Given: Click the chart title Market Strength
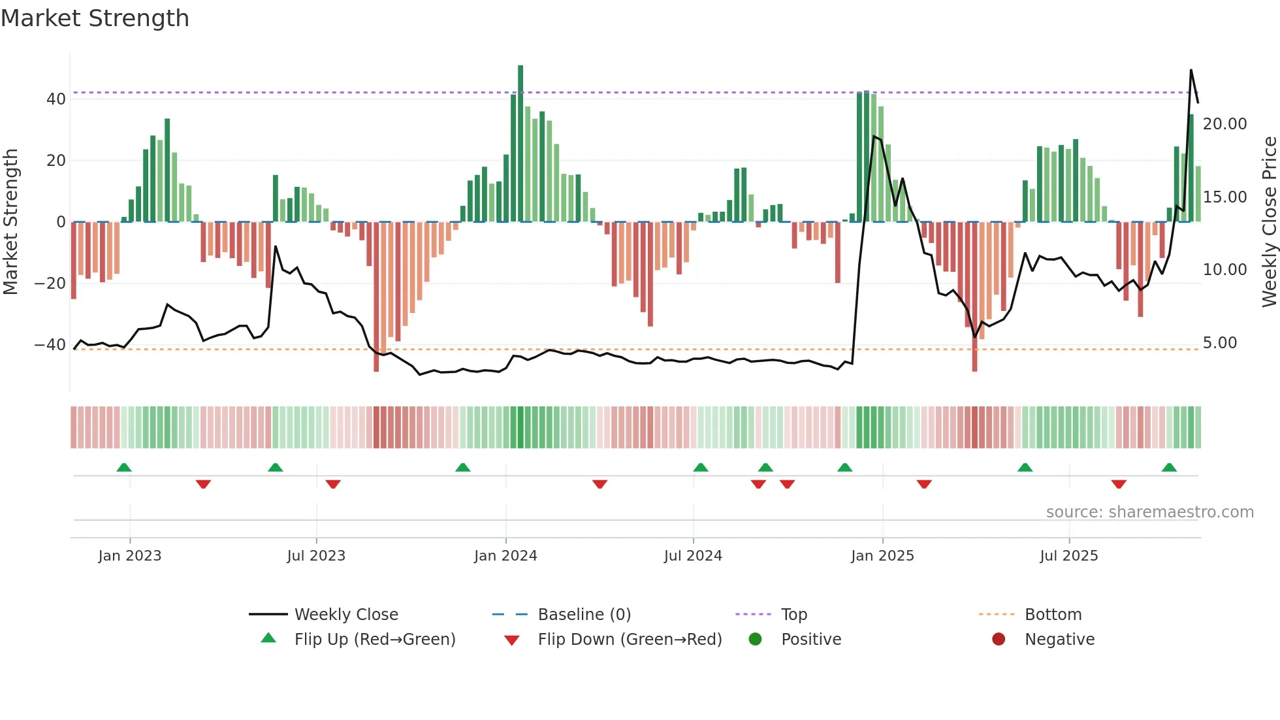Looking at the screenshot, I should [x=95, y=18].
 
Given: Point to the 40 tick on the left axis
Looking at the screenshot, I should [x=56, y=99].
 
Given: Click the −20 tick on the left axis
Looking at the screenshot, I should [x=50, y=284].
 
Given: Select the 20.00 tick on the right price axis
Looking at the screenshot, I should [x=1224, y=124].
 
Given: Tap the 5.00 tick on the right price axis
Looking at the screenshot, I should [x=1219, y=343].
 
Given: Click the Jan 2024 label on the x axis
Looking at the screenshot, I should [x=505, y=556].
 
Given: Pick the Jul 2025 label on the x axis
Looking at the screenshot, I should [x=1068, y=556].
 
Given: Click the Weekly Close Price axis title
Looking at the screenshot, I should [x=1269, y=222].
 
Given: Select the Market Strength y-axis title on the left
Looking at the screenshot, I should [x=10, y=222].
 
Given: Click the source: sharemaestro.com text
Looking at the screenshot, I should [x=1149, y=512].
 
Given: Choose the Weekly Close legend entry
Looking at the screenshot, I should [x=345, y=615].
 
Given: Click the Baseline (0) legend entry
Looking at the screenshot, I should [x=584, y=615].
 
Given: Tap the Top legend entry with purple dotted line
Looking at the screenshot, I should [x=793, y=615].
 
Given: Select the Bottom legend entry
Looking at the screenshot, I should [x=1053, y=615].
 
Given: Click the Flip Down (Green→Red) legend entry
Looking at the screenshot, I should [x=629, y=640].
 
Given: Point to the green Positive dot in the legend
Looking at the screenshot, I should [x=755, y=640].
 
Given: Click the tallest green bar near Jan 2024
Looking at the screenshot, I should [x=520, y=144].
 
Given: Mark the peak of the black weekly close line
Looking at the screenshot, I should [x=1191, y=70].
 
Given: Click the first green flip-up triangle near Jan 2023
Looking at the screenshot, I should [x=124, y=467].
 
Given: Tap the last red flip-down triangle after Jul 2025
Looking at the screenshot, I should [x=1119, y=484].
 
